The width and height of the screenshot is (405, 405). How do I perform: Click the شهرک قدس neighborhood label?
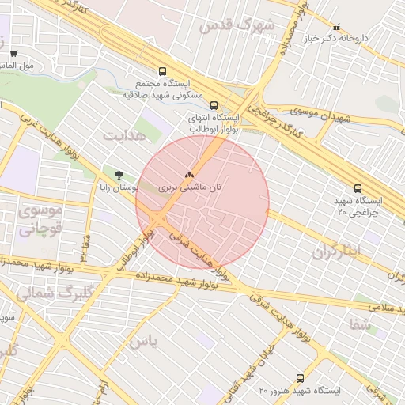click(237, 25)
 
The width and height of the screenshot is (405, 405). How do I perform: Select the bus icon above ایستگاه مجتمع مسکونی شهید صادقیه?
click(163, 71)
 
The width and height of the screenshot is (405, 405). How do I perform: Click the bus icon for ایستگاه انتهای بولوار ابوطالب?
click(213, 104)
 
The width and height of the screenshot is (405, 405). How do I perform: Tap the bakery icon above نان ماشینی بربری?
click(188, 176)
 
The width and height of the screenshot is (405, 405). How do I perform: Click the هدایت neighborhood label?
click(124, 134)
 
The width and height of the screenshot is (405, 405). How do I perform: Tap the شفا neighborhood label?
click(359, 323)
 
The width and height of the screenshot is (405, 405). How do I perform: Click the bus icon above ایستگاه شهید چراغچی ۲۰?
click(358, 188)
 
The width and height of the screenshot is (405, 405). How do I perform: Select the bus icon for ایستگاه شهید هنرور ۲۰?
click(299, 378)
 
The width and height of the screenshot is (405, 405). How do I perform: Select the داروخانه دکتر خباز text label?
click(361, 37)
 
